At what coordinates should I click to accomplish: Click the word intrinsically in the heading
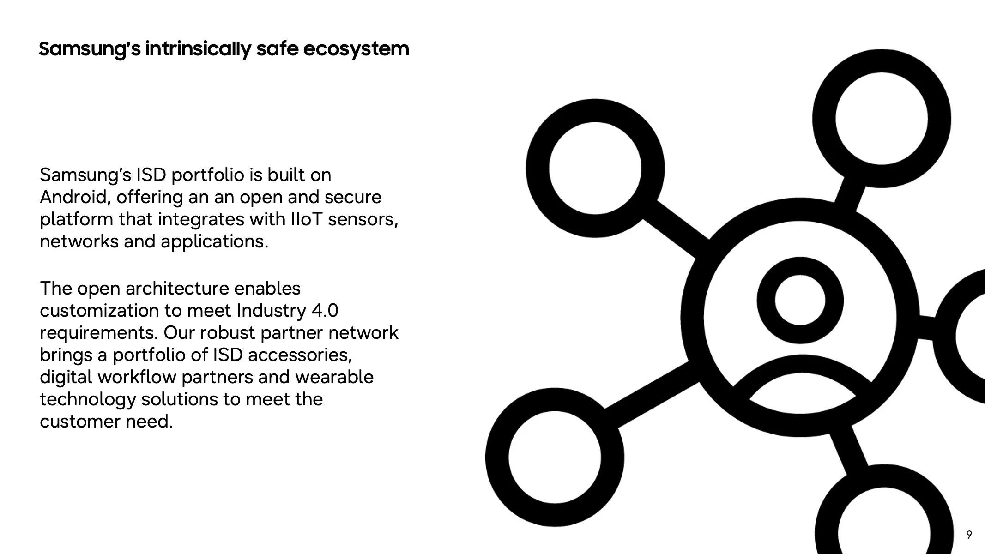click(198, 49)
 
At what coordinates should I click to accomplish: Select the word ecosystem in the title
click(356, 49)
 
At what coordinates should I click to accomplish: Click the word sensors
click(363, 219)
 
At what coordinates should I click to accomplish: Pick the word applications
click(214, 241)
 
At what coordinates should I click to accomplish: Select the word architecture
click(177, 289)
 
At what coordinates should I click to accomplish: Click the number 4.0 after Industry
click(325, 311)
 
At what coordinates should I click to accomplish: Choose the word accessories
click(300, 355)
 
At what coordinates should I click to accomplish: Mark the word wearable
click(334, 377)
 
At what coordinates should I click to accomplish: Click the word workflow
click(137, 377)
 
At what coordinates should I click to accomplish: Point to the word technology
click(88, 399)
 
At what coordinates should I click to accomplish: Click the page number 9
click(969, 535)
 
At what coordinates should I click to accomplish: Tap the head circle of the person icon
click(800, 301)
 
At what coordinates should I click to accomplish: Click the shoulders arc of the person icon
click(802, 369)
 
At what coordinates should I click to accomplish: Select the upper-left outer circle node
click(595, 168)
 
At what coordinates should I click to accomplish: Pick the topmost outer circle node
click(881, 119)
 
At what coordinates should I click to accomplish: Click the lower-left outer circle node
click(555, 457)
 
